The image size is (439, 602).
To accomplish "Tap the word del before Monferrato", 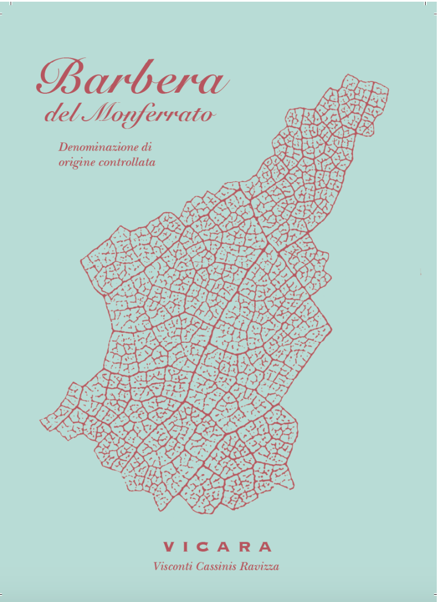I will pyautogui.click(x=62, y=116).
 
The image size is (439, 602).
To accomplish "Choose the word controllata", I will pyautogui.click(x=126, y=163).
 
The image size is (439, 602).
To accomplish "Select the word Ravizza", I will pyautogui.click(x=259, y=566).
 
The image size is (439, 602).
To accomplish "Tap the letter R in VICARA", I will pyautogui.click(x=246, y=547).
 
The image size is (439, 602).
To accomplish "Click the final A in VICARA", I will pyautogui.click(x=266, y=547).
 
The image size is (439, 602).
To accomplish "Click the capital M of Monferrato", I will pyautogui.click(x=99, y=114).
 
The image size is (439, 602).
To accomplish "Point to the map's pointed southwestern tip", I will pyautogui.click(x=41, y=422).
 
